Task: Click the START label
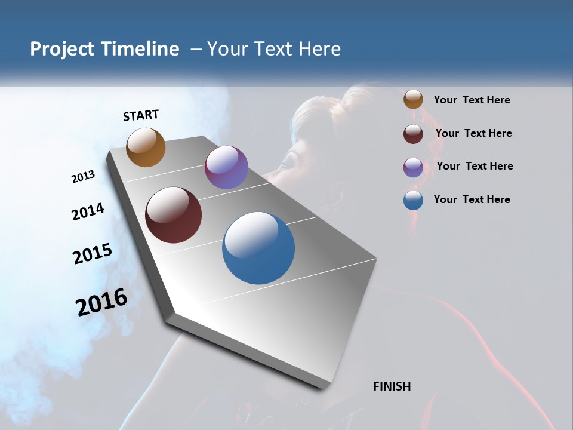point(141,115)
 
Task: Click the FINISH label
point(392,386)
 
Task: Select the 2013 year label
point(83,177)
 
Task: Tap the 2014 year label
point(88,211)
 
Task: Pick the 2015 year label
point(92,254)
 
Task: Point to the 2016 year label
point(101,302)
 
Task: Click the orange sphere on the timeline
point(146,147)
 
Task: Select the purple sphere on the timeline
point(226,167)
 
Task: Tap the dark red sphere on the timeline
point(173,215)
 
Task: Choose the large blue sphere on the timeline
point(258,248)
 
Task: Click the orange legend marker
point(413,100)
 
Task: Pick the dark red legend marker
point(413,134)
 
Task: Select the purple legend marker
point(413,167)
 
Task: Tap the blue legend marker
point(413,200)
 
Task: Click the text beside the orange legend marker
point(472,100)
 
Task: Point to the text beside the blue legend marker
point(472,199)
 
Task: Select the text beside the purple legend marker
point(475,166)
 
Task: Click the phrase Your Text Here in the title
point(274,49)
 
